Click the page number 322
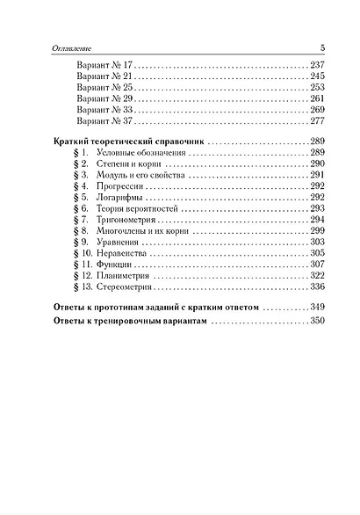pos(317,276)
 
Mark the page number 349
pos(317,308)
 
